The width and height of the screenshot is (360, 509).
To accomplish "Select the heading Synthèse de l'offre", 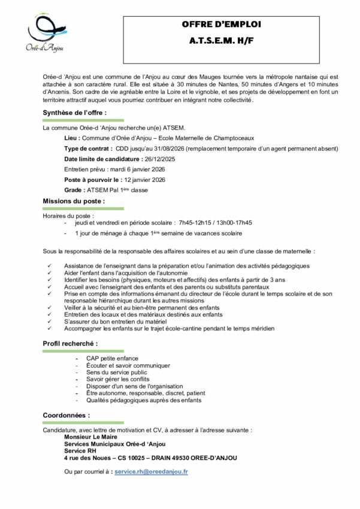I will point(74,113).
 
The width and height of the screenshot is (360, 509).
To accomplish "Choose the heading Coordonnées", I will point(66,415).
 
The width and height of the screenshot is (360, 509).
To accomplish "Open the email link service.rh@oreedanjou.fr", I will point(151,472).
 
